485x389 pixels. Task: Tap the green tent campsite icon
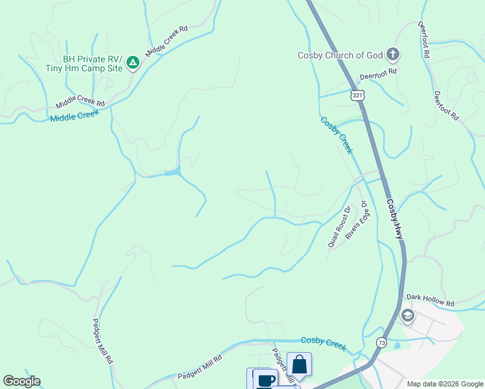pyautogui.click(x=133, y=62)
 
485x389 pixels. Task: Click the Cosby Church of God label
pyautogui.click(x=340, y=55)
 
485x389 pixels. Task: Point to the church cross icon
pyautogui.click(x=392, y=54)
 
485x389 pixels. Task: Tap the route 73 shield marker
pyautogui.click(x=381, y=342)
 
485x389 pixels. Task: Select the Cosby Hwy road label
pyautogui.click(x=395, y=218)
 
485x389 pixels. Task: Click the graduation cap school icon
pyautogui.click(x=408, y=316)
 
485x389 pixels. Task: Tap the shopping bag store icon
pyautogui.click(x=299, y=364)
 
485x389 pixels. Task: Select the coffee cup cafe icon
pyautogui.click(x=265, y=379)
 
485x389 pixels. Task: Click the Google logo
pyautogui.click(x=21, y=381)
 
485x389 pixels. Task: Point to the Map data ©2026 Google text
pyautogui.click(x=445, y=384)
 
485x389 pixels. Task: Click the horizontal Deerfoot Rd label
pyautogui.click(x=378, y=75)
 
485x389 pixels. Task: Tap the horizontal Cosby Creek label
pyautogui.click(x=323, y=342)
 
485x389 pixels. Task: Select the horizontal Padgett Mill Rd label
pyautogui.click(x=200, y=367)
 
